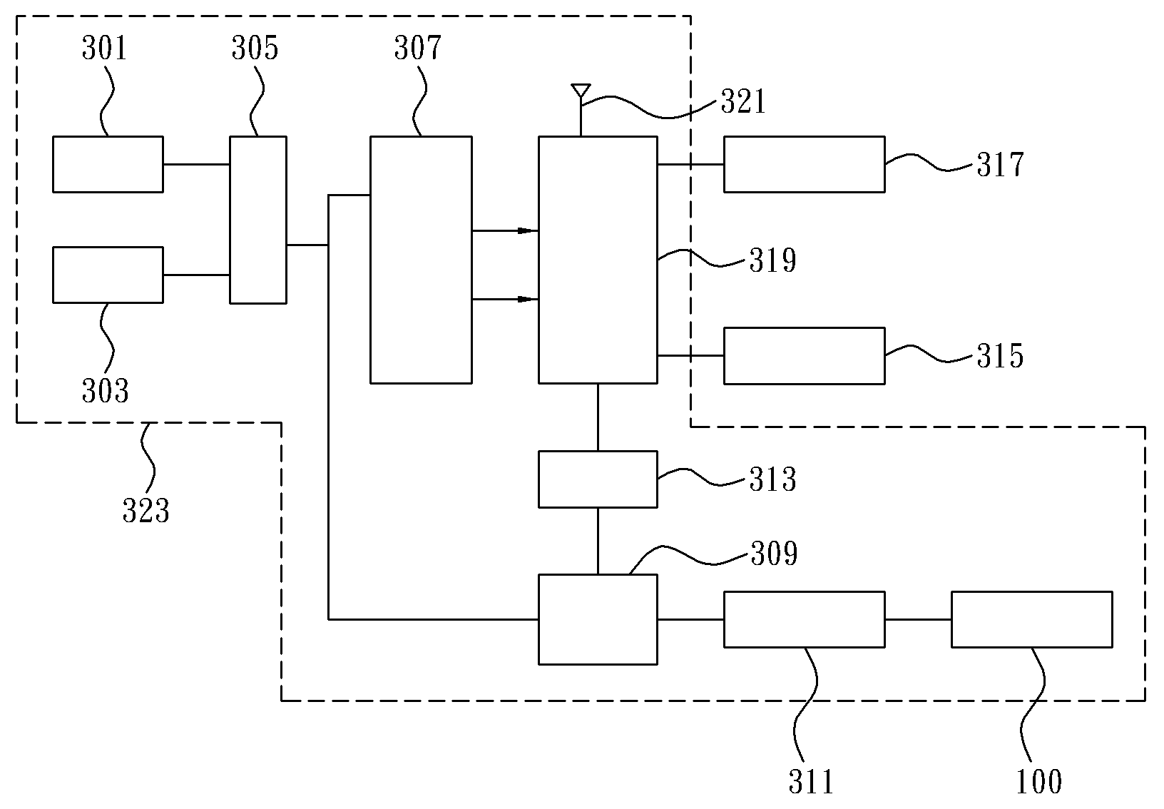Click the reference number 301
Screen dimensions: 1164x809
(x=104, y=49)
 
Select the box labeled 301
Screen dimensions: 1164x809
(x=108, y=164)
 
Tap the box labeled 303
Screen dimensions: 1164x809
(x=108, y=275)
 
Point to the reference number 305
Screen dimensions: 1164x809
(x=255, y=49)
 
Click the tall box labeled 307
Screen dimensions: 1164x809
(x=421, y=260)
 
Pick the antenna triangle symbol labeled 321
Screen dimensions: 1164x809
(x=581, y=90)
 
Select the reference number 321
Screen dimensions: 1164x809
(x=743, y=101)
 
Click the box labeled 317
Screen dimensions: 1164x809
(x=805, y=164)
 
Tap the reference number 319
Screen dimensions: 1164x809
(x=772, y=260)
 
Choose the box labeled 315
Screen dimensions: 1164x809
(x=805, y=355)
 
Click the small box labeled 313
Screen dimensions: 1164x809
(x=598, y=479)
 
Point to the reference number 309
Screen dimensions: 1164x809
(x=775, y=554)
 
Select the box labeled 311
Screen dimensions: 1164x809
(x=805, y=619)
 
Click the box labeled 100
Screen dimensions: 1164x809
(x=1032, y=619)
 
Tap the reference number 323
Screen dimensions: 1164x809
(x=146, y=511)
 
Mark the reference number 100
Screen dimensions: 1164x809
(x=1038, y=781)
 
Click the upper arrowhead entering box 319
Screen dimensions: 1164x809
(x=528, y=230)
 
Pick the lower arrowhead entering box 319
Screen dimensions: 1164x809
(x=528, y=299)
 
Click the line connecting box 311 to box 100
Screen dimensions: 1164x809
(x=918, y=619)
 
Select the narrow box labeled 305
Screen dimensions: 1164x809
(x=258, y=220)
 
